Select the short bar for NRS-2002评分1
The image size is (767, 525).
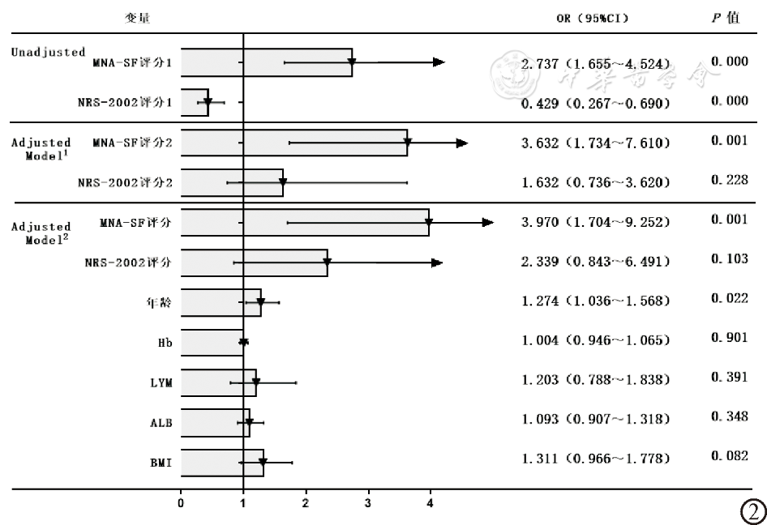click(195, 102)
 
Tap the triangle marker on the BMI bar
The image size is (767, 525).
click(263, 463)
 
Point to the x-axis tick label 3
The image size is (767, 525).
click(368, 503)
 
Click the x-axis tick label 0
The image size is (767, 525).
click(181, 503)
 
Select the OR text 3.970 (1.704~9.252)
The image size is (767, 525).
click(596, 221)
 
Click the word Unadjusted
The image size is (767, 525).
click(48, 52)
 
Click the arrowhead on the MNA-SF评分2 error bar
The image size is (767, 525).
click(462, 143)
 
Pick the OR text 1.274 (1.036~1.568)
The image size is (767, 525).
click(596, 301)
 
